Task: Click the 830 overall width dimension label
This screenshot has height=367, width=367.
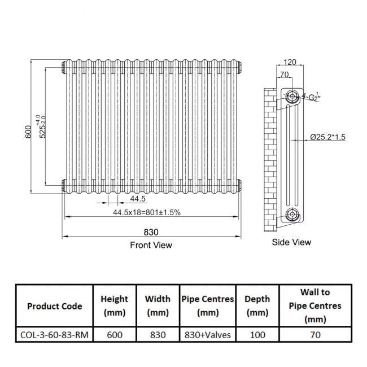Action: click(x=151, y=231)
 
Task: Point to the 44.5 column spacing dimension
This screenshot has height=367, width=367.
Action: click(x=138, y=199)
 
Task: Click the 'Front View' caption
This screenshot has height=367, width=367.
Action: click(x=151, y=245)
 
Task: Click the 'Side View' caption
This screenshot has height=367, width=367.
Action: click(x=291, y=242)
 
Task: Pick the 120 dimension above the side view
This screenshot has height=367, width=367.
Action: click(x=290, y=62)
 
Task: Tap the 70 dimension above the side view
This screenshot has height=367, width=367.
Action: click(x=284, y=74)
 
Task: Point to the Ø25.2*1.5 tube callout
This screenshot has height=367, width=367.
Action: click(x=327, y=137)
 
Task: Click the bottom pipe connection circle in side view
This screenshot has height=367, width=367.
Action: click(x=292, y=214)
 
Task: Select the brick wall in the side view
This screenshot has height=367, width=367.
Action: click(x=270, y=158)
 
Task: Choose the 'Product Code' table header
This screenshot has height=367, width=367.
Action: click(x=55, y=306)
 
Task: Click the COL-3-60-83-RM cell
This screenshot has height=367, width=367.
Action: click(x=55, y=335)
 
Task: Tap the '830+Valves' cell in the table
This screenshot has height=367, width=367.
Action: click(x=208, y=335)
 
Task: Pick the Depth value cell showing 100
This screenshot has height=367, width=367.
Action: click(x=257, y=335)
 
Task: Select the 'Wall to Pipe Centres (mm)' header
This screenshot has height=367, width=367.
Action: click(x=315, y=306)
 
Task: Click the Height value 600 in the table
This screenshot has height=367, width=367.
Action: click(x=115, y=335)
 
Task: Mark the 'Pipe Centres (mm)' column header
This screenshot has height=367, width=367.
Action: click(x=208, y=306)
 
